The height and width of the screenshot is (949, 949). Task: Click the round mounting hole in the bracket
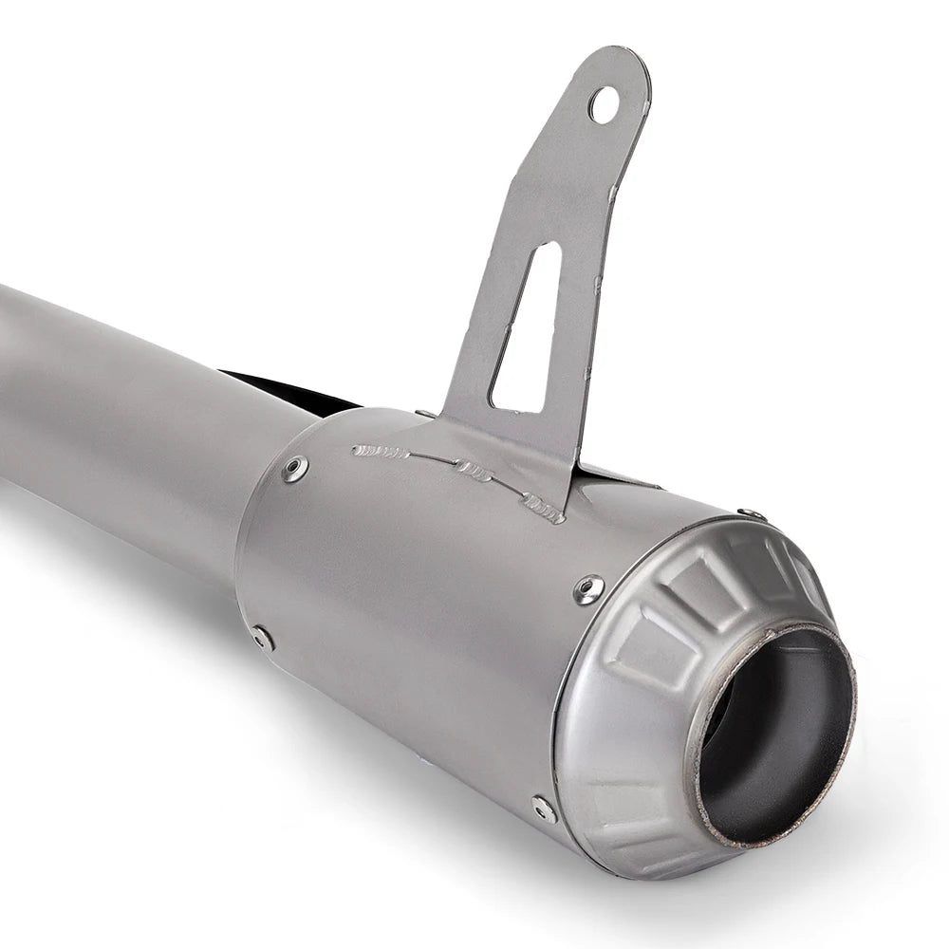pyautogui.click(x=604, y=104)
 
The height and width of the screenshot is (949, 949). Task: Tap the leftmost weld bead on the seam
pyautogui.click(x=381, y=452)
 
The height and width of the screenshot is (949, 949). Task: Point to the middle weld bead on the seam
pyautogui.click(x=474, y=470)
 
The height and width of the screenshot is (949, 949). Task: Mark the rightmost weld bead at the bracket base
pyautogui.click(x=544, y=510)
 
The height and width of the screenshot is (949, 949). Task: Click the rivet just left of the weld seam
pyautogui.click(x=295, y=468)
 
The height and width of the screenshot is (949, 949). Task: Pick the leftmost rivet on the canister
pyautogui.click(x=262, y=638)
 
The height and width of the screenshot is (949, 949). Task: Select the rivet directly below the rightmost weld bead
pyautogui.click(x=589, y=590)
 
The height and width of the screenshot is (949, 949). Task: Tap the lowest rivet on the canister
pyautogui.click(x=544, y=809)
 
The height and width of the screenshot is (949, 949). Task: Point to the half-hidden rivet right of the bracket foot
pyautogui.click(x=753, y=514)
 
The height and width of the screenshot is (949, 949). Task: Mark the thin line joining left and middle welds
pyautogui.click(x=432, y=459)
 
